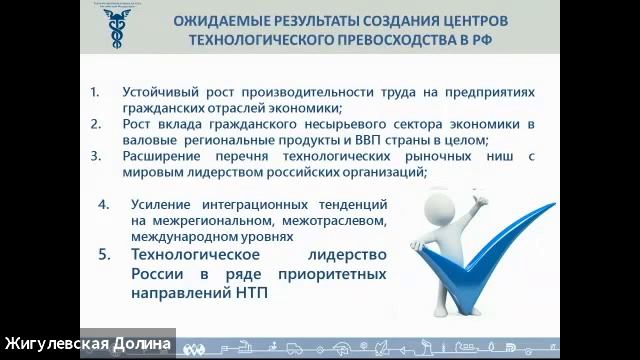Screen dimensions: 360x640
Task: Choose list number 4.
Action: [x=103, y=204]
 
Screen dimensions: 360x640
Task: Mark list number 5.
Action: [x=103, y=255]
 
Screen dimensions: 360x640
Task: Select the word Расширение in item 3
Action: [x=163, y=156]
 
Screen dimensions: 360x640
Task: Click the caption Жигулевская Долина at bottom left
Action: [x=87, y=344]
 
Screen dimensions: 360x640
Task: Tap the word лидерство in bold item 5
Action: [x=349, y=255]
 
